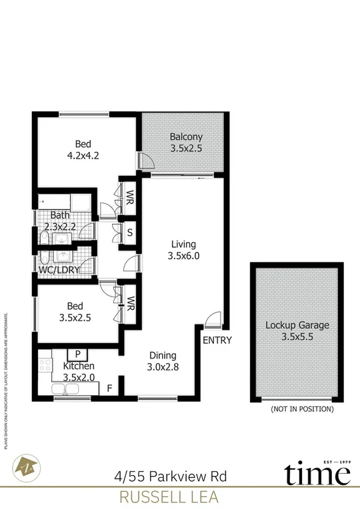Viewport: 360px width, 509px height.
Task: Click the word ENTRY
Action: (217, 340)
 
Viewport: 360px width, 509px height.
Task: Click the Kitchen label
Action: (79, 366)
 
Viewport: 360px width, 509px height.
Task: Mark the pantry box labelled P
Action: (78, 354)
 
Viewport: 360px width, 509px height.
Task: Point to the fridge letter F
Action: (109, 386)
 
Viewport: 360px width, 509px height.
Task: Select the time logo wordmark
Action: (317, 474)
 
